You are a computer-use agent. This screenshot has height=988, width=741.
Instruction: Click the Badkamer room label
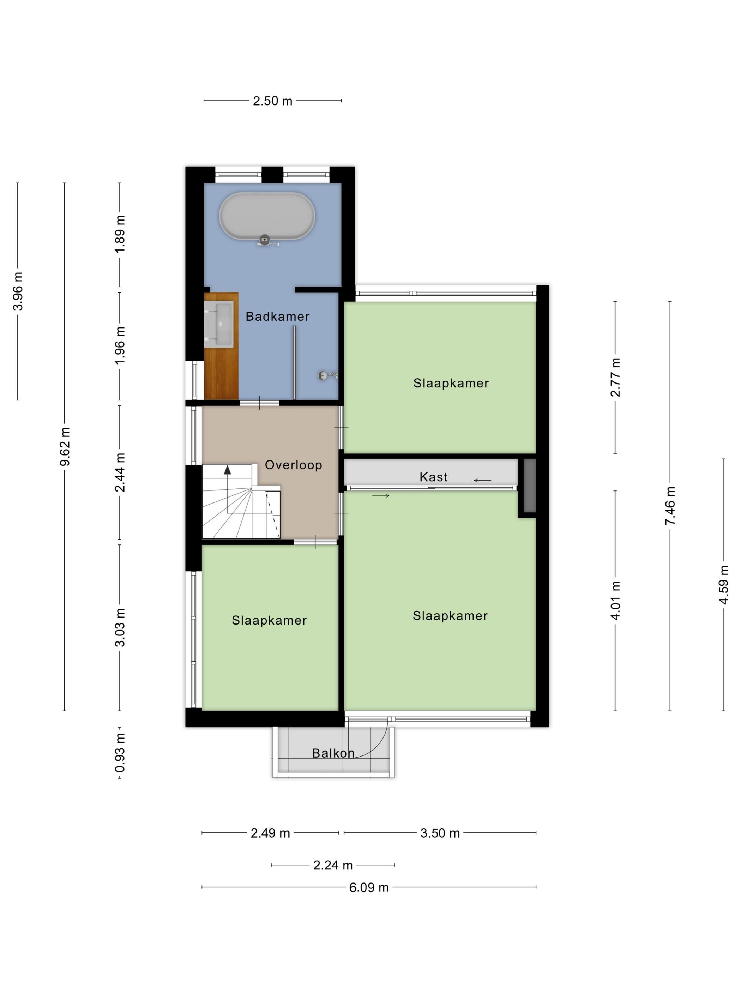[277, 317]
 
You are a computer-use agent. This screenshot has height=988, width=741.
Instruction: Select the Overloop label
[293, 465]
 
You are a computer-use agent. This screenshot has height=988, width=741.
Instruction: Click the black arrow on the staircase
[227, 469]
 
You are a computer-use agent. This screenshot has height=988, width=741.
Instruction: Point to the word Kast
[433, 477]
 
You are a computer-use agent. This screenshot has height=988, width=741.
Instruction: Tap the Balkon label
[333, 753]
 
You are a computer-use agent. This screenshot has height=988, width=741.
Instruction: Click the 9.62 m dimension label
[65, 447]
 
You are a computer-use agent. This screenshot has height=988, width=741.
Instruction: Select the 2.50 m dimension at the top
[272, 101]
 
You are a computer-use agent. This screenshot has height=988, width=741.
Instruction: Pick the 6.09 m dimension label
[368, 887]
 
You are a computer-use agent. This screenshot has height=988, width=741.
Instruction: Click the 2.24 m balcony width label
[333, 865]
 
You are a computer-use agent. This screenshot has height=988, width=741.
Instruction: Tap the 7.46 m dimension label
[670, 506]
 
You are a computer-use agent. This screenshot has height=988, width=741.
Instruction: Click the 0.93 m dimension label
[120, 753]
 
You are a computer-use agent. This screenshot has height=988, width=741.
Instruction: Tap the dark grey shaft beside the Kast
[529, 485]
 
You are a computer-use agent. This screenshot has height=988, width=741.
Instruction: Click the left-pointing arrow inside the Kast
[482, 481]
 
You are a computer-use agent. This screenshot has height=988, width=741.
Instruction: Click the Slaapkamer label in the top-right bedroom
[451, 383]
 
